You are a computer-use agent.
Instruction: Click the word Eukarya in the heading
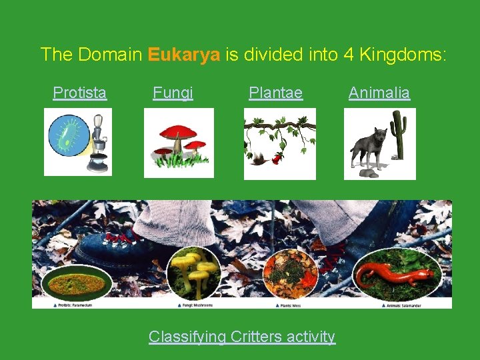[x=184, y=54]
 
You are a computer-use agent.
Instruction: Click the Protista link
[x=79, y=93]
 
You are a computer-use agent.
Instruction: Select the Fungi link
[x=173, y=93]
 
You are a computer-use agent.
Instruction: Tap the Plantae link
[x=275, y=93]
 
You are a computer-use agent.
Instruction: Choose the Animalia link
[x=379, y=93]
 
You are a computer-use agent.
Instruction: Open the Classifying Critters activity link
[x=241, y=337]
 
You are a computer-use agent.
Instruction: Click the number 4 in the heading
[x=348, y=54]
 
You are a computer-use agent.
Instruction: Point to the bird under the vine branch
[x=257, y=158]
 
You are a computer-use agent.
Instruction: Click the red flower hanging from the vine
[x=281, y=157]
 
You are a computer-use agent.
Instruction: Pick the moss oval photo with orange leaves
[x=291, y=273]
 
